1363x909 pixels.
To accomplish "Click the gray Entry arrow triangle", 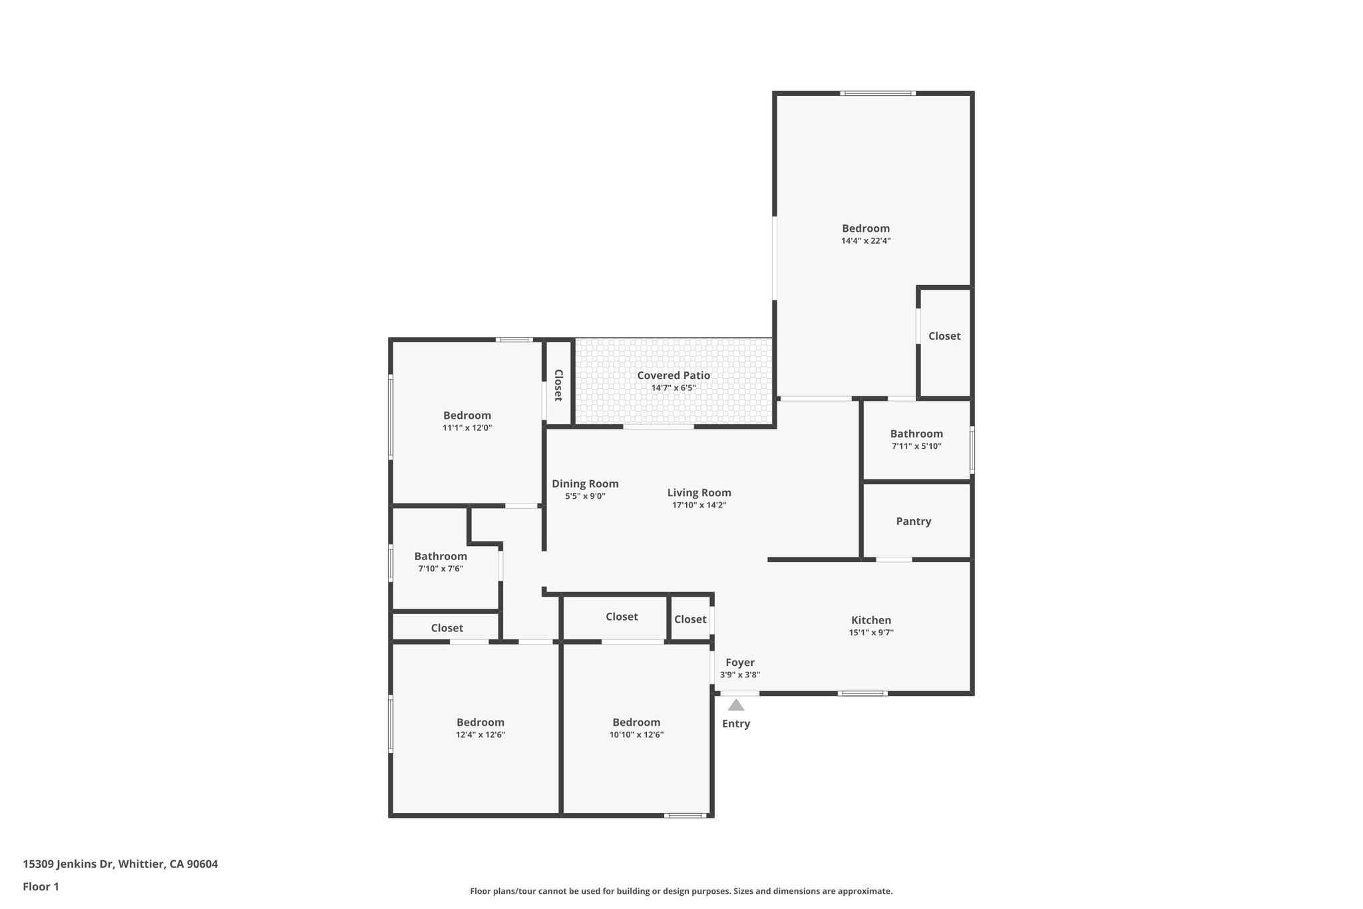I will coord(735,705).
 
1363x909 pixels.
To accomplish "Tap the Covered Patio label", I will coord(674,376).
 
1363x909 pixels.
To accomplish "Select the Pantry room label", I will coord(913,521).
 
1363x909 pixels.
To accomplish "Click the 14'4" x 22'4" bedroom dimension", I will coord(866,241).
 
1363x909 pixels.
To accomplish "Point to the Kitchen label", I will coord(871,620).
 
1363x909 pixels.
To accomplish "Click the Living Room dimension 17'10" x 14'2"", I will coord(699,505).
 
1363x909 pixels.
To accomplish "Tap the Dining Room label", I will coord(585,484).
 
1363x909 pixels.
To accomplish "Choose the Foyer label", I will coord(740,663).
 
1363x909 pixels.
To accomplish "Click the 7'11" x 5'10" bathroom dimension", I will coord(916,447).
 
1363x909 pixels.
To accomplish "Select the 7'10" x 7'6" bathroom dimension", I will coord(441,569).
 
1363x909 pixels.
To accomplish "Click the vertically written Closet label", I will coord(558,385).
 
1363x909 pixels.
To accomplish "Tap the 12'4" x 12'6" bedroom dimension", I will coord(481,735).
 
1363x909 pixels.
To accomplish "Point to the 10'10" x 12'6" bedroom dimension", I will coord(636,735).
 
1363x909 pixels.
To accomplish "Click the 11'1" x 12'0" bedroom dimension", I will coord(467,428).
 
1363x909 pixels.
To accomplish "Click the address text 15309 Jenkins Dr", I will coord(69,864).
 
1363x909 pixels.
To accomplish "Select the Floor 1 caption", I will coord(41,887).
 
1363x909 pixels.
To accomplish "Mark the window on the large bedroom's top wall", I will coord(877,93).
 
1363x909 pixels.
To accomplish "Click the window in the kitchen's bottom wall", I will coord(862,693).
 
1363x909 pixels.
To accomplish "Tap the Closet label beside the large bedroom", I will coord(944,336).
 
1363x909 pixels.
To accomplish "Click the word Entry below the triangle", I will coord(736,724).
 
